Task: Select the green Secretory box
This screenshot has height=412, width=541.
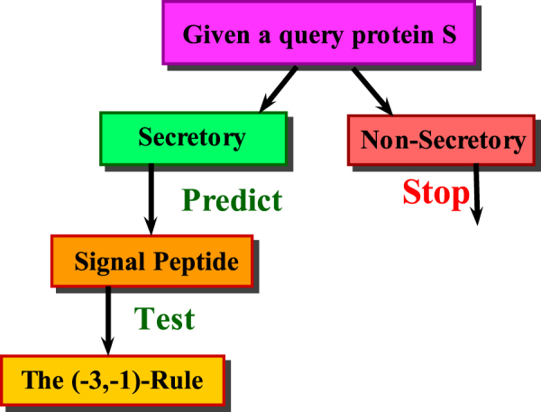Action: coord(192,138)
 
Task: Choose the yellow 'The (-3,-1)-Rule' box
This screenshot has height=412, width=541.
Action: coord(112,380)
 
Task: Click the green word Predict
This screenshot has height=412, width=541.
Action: coord(232,199)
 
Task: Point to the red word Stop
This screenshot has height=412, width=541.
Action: coord(436,192)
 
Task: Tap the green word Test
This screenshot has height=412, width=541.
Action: coord(164,317)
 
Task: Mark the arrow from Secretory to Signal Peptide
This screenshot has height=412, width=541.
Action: coord(151,199)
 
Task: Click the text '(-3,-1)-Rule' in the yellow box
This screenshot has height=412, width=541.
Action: coord(147,380)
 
